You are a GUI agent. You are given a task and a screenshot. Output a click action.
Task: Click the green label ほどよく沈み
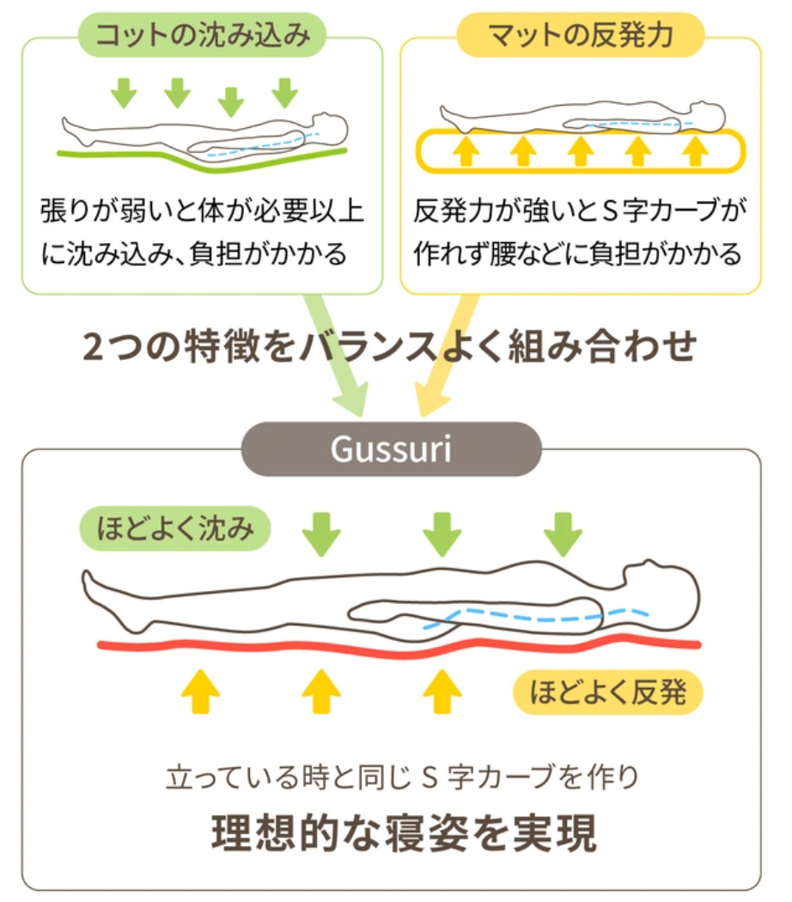click(x=174, y=527)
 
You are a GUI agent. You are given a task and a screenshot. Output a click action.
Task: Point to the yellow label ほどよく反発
click(x=607, y=692)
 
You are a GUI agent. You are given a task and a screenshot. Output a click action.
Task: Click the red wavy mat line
click(x=395, y=647)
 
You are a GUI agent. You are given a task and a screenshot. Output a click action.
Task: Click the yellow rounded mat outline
click(x=581, y=152)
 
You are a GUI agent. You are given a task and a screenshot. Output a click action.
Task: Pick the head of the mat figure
click(x=707, y=114)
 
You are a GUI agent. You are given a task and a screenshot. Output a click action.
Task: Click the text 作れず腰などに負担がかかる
click(x=577, y=254)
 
